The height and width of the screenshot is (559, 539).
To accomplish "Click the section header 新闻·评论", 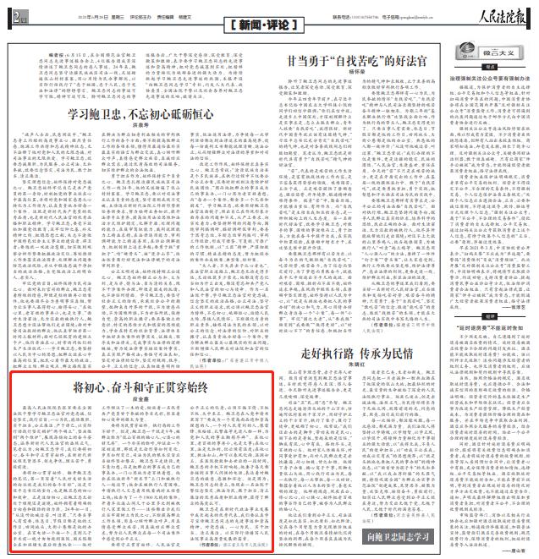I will (x=267, y=29).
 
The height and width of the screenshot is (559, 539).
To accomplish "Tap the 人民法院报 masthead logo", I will (x=500, y=13).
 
